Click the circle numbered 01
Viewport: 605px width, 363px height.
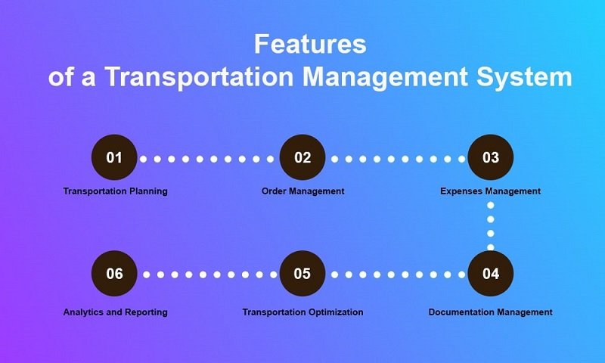114,157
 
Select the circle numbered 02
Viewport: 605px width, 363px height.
302,157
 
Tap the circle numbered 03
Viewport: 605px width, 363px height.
490,157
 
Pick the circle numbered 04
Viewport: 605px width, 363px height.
490,274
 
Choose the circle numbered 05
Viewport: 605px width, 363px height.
302,274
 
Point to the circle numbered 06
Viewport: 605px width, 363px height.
114,274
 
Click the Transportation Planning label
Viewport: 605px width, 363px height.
116,191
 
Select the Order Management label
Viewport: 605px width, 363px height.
303,191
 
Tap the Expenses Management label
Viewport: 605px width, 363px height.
490,191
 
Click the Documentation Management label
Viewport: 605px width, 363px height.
490,312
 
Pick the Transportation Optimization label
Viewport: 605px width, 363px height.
303,312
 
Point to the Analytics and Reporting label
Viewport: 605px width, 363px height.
116,312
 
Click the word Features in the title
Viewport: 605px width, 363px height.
310,44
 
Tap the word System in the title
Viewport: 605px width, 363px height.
524,77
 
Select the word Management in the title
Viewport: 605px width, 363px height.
385,77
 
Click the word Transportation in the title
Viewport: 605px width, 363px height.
199,77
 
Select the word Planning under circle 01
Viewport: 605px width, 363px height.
148,191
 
